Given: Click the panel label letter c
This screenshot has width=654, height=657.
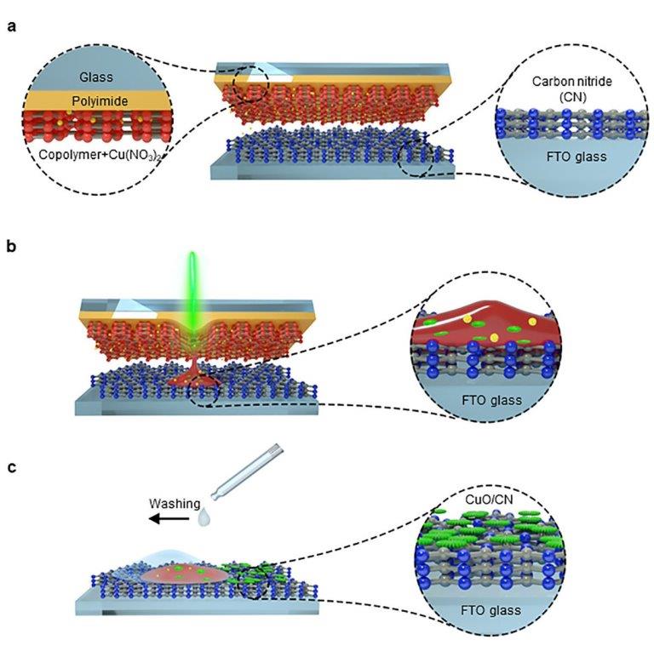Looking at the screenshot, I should [11, 466].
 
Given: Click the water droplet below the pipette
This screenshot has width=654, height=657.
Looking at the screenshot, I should [203, 516].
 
